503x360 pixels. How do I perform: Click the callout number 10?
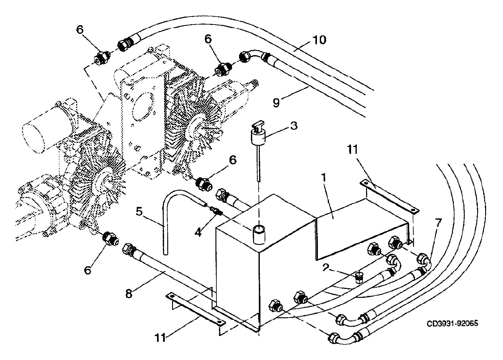coord(319,40)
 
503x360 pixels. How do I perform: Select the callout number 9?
coord(276,103)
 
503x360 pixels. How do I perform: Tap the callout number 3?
coord(294,126)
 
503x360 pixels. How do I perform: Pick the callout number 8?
coord(129,293)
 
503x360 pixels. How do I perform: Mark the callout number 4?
coord(198,232)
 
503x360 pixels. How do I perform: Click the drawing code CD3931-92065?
coord(452,323)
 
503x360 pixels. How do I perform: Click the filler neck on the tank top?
coord(259,235)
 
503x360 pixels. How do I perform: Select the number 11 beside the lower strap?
coord(160,337)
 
